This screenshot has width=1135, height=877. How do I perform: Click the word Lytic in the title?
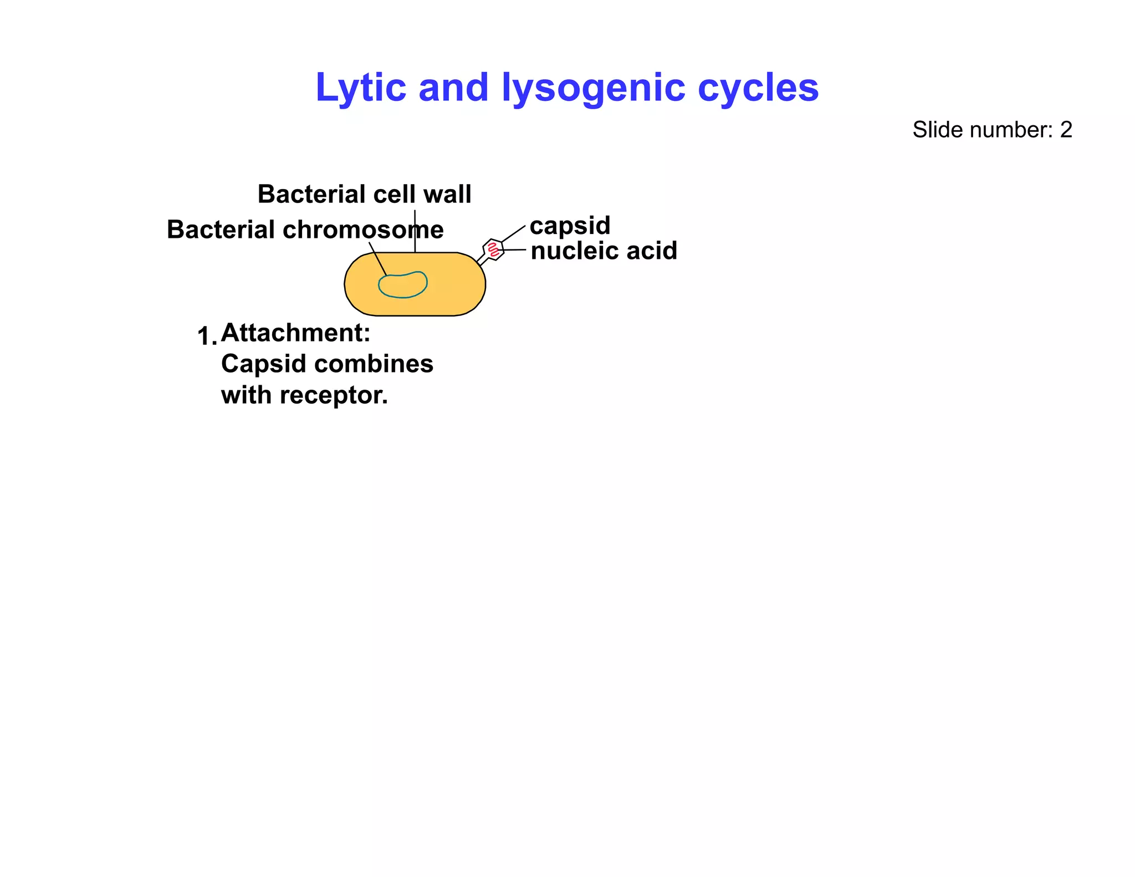[360, 88]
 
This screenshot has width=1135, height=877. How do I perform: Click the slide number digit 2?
[1066, 130]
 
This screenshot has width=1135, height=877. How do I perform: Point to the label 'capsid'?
[570, 226]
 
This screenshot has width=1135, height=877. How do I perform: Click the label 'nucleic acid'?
[604, 251]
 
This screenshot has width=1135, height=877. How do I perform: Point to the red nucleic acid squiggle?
[493, 251]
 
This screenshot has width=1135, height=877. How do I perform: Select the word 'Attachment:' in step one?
[295, 333]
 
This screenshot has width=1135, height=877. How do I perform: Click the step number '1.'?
[207, 336]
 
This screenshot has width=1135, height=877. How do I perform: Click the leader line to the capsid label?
[514, 233]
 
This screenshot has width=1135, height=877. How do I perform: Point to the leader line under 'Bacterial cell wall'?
[415, 233]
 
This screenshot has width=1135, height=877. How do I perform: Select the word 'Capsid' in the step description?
[255, 364]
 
